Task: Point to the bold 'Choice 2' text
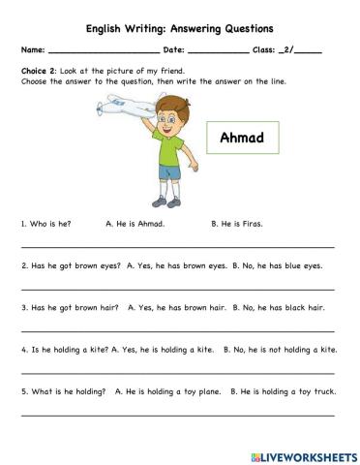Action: [x=40, y=72]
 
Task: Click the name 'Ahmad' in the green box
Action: [x=242, y=138]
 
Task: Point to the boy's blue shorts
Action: [x=170, y=174]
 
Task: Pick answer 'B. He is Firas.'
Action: [x=237, y=223]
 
